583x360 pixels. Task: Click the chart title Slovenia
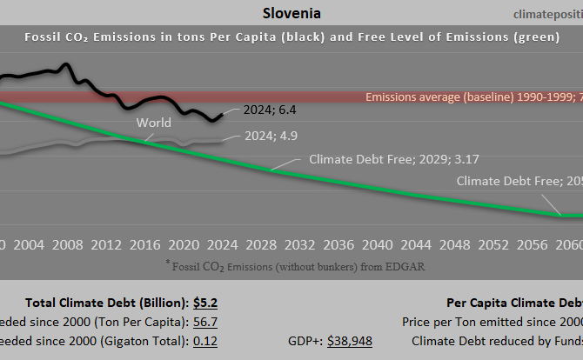[291, 14]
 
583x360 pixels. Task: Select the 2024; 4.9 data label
[271, 136]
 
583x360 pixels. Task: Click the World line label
[153, 123]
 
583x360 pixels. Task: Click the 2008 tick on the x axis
[67, 243]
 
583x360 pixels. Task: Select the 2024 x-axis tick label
[222, 243]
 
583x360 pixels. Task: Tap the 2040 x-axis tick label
[375, 243]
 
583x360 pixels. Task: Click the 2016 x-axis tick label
[144, 243]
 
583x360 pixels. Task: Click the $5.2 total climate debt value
[206, 303]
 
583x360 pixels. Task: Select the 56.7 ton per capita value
[206, 322]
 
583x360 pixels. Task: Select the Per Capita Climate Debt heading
[513, 303]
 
